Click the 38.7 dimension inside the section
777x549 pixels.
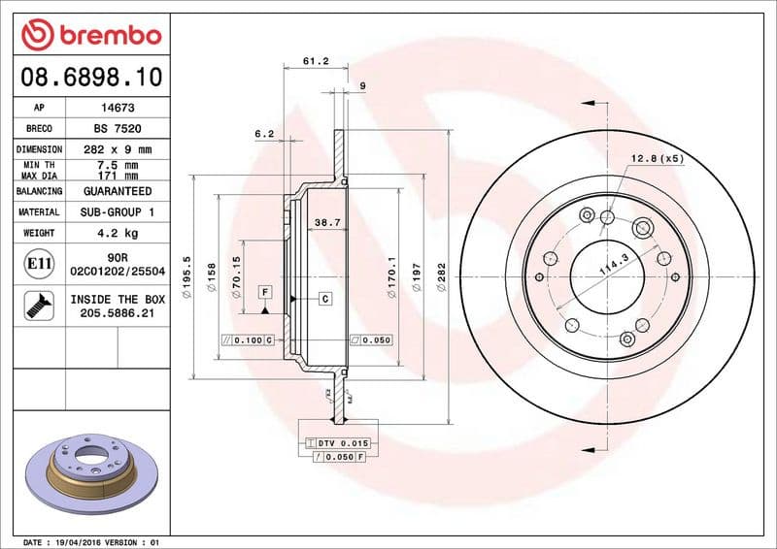[x=327, y=223]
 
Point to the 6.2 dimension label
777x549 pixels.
[x=264, y=133]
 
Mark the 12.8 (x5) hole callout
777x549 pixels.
[x=658, y=158]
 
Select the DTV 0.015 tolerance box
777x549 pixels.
[x=338, y=442]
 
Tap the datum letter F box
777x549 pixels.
[x=263, y=292]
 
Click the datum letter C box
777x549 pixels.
[x=325, y=299]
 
